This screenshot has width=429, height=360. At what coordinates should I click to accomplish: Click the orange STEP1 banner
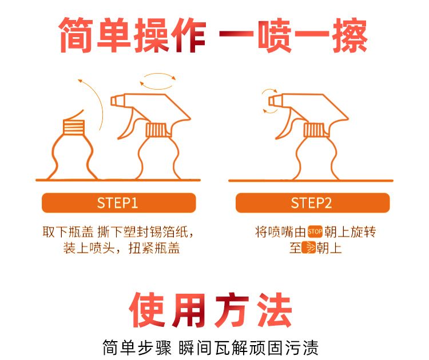[x=119, y=203]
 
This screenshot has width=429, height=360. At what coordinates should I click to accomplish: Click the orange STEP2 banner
[x=312, y=203]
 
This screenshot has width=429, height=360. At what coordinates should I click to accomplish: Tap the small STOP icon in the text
[x=315, y=232]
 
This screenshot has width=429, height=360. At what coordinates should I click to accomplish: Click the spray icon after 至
[x=309, y=247]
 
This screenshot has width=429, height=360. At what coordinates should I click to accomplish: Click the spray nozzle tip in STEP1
[x=114, y=101]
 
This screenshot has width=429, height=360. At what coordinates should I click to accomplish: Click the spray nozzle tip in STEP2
[x=272, y=101]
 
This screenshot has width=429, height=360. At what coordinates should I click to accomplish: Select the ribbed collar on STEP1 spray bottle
[x=156, y=130]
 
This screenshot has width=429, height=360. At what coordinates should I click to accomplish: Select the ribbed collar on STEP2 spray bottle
[x=314, y=130]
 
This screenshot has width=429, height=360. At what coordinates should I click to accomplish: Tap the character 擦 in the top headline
[x=350, y=35]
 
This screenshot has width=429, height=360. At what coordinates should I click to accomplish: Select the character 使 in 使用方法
[x=147, y=310]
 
